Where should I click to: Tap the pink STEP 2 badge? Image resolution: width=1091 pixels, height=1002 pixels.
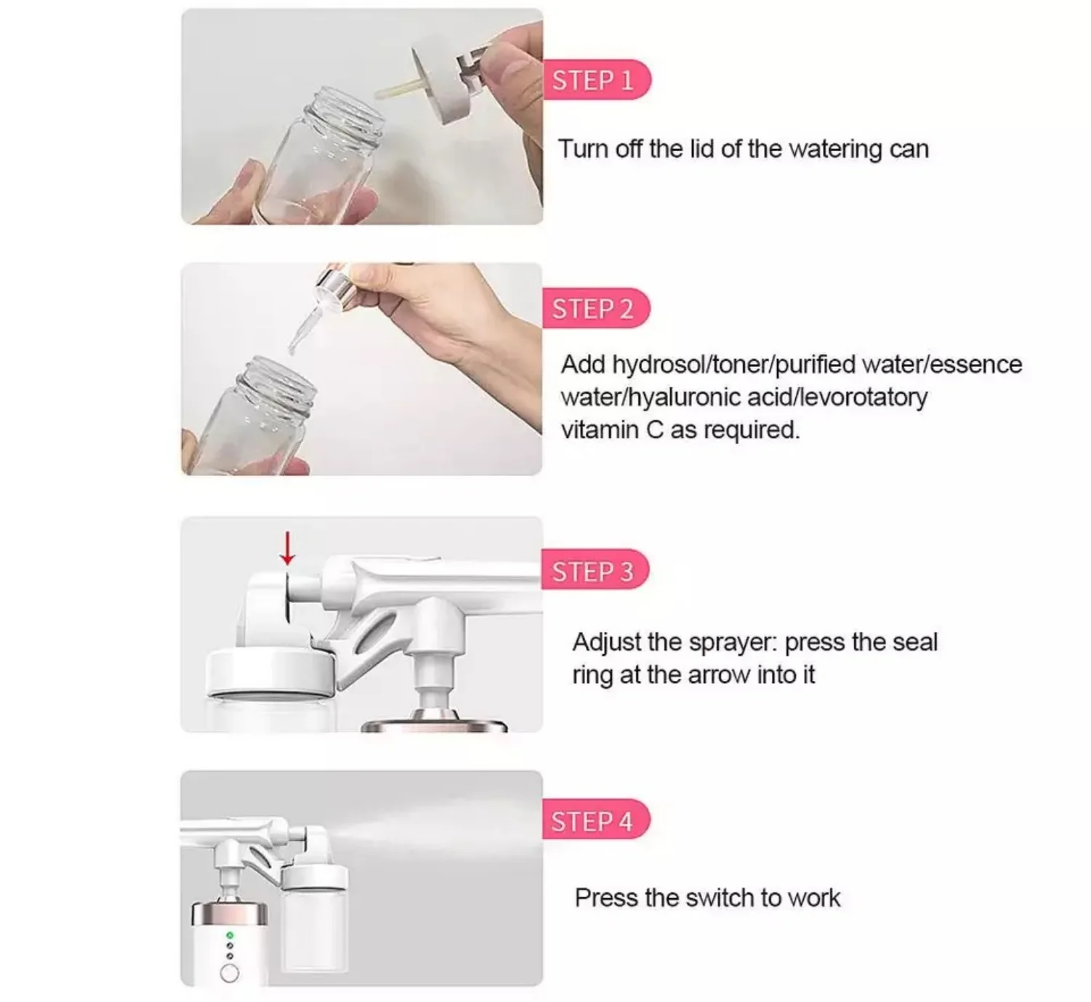592,309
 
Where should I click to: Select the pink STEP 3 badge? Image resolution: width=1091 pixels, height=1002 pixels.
592,571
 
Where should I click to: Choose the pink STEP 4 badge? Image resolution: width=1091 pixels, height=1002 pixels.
592,821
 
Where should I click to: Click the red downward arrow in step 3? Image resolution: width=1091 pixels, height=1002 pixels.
288,548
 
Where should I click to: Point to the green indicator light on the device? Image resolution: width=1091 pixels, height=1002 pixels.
230,935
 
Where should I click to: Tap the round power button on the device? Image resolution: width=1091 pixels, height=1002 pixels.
230,972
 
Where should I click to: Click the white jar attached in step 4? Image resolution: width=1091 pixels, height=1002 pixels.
314,919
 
